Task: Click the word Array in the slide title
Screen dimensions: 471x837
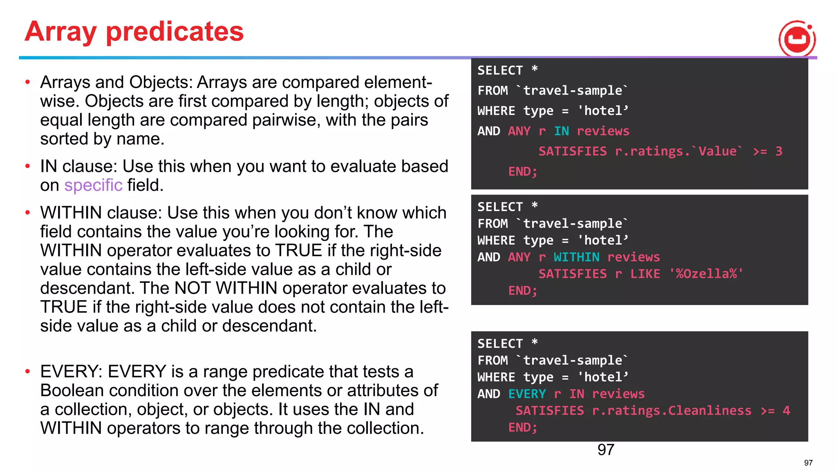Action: [x=60, y=32]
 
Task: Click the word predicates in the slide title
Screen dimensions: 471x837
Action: [x=175, y=32]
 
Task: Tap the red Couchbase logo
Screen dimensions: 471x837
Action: [x=797, y=39]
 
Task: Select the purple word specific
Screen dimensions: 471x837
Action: [x=93, y=185]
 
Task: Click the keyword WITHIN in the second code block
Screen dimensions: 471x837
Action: [x=576, y=257]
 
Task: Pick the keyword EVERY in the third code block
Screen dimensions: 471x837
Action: [x=527, y=394]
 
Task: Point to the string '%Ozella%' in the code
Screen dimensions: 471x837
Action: [x=706, y=274]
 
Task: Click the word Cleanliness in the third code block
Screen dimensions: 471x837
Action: [x=709, y=410]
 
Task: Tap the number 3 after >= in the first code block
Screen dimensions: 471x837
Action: [x=779, y=151]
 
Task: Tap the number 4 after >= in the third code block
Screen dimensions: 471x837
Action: [x=786, y=410]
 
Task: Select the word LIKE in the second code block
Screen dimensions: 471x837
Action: [x=645, y=274]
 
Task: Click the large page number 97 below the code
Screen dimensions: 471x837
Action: [x=606, y=450]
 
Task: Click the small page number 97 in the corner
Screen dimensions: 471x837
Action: [x=808, y=463]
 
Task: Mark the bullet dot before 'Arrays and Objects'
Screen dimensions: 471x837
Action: [x=27, y=82]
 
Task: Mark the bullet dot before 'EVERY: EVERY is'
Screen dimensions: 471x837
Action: [x=27, y=372]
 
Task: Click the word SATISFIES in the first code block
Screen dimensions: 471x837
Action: [x=572, y=151]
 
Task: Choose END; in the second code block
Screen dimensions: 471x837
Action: [x=522, y=291]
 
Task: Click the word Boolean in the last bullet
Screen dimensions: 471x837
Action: [x=72, y=390]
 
